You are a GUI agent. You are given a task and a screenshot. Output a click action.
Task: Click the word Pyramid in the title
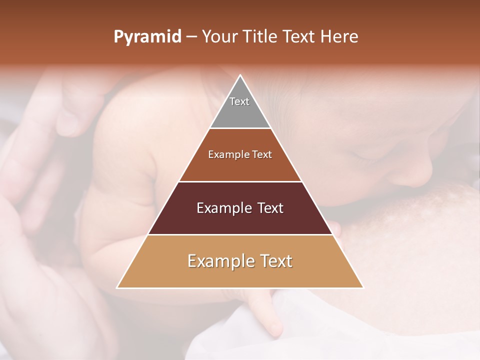pos(147,37)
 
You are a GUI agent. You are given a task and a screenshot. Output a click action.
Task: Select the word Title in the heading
pos(261,37)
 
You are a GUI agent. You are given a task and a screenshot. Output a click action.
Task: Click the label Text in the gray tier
pos(239,101)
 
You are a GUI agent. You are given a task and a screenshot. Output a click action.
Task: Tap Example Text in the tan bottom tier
pos(240,261)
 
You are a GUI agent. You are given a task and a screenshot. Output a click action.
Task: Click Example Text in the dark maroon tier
pos(240,208)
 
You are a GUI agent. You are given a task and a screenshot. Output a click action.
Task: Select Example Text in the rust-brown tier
pos(240,154)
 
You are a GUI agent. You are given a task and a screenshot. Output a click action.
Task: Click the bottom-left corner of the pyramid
pos(118,287)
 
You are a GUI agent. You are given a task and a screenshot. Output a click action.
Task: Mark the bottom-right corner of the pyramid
pos(362,287)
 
